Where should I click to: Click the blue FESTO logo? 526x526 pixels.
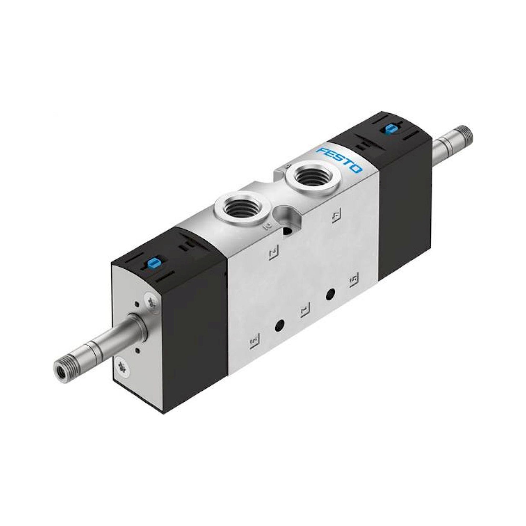click(x=340, y=161)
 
